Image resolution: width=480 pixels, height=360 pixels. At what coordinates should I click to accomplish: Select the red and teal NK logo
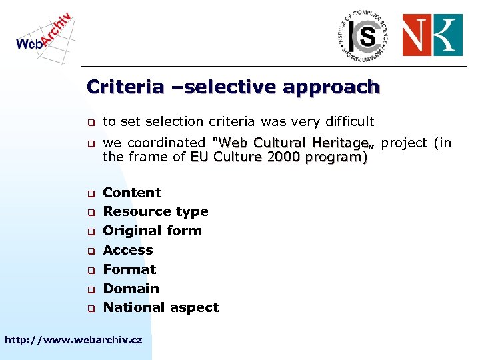(x=432, y=35)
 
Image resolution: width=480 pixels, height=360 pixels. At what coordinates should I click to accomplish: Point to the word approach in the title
(x=331, y=87)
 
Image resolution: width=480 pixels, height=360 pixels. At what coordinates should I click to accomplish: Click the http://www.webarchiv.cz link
(x=73, y=340)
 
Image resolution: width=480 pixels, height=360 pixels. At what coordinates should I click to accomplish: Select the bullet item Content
(x=132, y=193)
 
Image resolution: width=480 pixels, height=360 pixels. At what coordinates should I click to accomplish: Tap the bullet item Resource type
(x=155, y=212)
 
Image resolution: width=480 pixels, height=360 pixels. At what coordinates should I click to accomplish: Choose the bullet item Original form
(x=152, y=231)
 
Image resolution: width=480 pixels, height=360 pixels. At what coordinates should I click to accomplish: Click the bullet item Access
(x=128, y=250)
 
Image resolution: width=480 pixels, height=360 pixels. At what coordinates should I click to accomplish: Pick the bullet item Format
(x=129, y=269)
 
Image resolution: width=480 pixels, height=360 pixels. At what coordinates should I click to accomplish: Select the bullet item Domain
(x=131, y=289)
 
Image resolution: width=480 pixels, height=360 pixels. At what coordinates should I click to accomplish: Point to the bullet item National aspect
(x=161, y=307)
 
